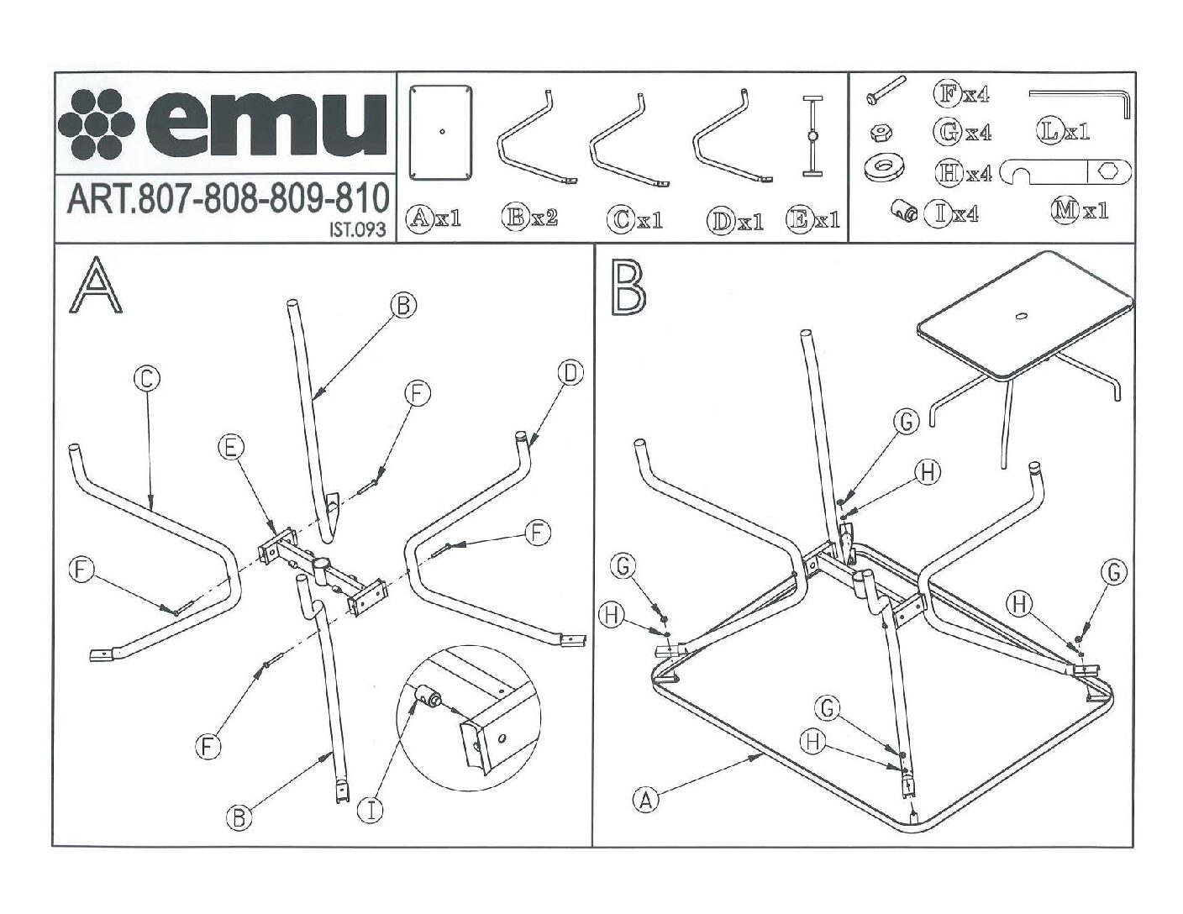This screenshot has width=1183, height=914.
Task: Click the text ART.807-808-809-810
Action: tap(227, 199)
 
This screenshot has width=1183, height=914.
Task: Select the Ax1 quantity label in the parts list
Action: tap(434, 218)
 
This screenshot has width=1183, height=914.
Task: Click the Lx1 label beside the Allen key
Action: tap(1063, 131)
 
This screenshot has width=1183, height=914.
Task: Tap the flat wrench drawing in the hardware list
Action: tap(1065, 171)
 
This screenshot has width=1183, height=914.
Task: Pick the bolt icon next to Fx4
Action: tap(885, 90)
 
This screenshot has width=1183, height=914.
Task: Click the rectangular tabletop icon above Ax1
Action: tap(440, 132)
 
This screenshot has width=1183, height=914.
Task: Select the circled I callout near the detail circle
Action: tap(370, 811)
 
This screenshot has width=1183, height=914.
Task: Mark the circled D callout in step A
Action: tap(570, 373)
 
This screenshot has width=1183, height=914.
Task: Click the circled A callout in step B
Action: tap(645, 799)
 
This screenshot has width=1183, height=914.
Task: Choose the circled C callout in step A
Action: tap(146, 380)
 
